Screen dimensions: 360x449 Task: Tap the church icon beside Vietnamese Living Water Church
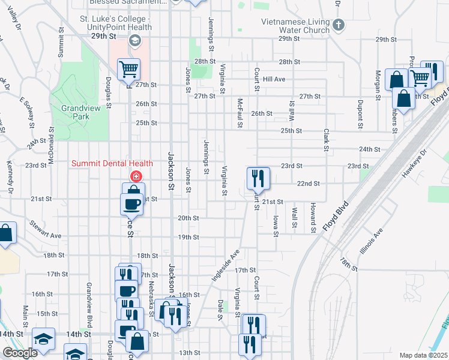pyautogui.click(x=339, y=25)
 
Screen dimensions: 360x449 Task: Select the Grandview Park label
pyautogui.click(x=75, y=113)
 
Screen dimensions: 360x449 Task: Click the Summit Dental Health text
pyautogui.click(x=112, y=163)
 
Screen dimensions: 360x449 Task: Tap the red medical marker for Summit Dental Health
pyautogui.click(x=136, y=176)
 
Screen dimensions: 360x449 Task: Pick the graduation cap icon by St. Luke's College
pyautogui.click(x=135, y=41)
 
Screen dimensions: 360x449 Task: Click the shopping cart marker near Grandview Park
pyautogui.click(x=128, y=70)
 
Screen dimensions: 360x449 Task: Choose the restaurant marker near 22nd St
pyautogui.click(x=258, y=177)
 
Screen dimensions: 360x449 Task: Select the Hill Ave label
pyautogui.click(x=274, y=79)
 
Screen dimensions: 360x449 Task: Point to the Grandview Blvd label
pyautogui.click(x=88, y=301)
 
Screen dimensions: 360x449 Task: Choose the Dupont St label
pyautogui.click(x=361, y=115)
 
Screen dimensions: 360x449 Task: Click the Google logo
pyautogui.click(x=20, y=353)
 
